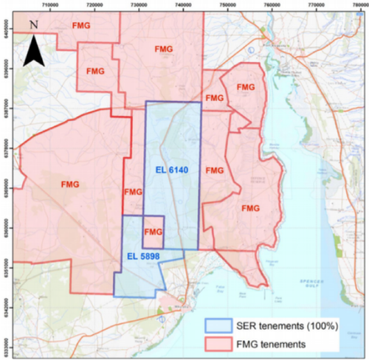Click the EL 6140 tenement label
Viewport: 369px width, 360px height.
172,170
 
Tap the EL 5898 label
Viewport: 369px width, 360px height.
139,256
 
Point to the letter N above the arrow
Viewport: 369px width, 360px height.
34,24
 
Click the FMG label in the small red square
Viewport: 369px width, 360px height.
153,232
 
